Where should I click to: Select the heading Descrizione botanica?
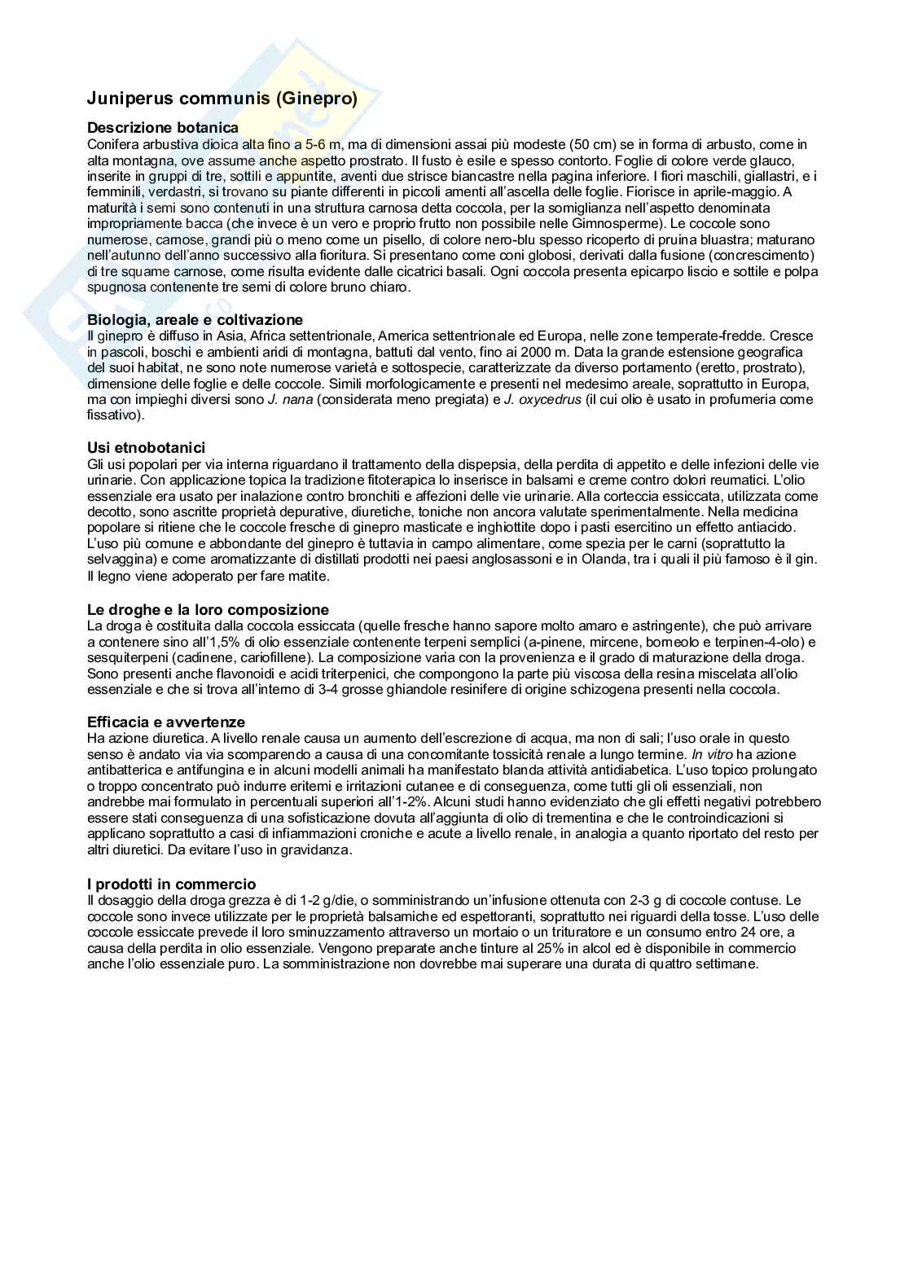163,128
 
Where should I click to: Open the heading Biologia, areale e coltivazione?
195,320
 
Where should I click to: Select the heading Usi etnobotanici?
146,448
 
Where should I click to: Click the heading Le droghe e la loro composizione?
208,610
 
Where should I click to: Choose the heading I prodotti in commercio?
171,884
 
